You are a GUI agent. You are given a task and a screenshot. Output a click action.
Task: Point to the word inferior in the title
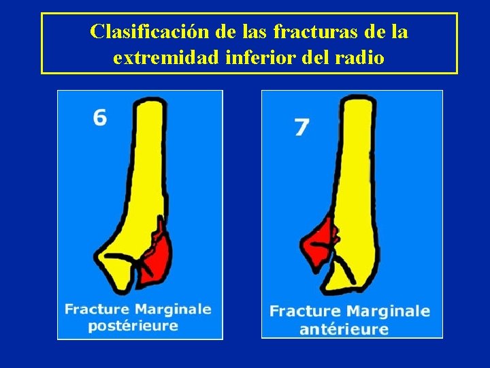tap(255, 58)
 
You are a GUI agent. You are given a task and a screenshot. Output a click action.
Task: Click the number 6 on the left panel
tap(100, 118)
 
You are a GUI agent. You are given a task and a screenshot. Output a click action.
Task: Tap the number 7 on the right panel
tap(301, 127)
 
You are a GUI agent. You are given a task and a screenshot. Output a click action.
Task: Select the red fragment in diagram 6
tap(158, 257)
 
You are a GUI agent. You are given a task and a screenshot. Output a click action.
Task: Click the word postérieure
tap(133, 325)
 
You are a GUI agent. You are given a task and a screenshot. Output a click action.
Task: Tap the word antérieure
tap(343, 329)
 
